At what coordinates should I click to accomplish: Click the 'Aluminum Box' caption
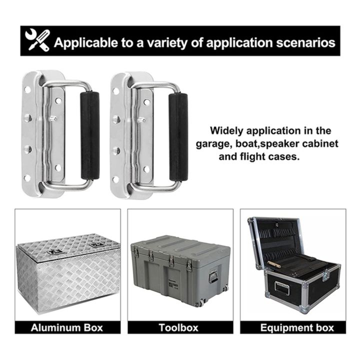[67, 328]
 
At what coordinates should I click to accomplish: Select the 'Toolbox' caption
[179, 328]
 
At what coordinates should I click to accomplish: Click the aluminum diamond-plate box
[67, 270]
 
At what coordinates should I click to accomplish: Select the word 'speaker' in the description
[279, 144]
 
